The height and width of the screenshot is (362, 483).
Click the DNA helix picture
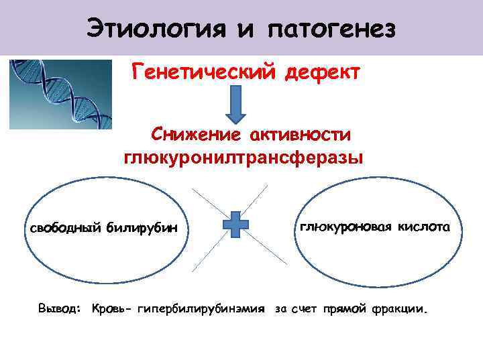click(60, 94)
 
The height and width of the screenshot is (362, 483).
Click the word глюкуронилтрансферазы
click(242, 158)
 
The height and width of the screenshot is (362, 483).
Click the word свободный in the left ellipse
click(64, 228)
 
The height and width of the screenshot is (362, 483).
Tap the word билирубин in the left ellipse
click(141, 228)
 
